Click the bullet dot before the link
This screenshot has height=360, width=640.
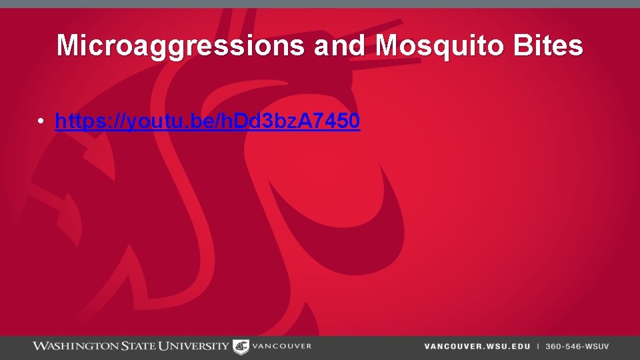coord(41,121)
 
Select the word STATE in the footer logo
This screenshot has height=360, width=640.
coord(138,346)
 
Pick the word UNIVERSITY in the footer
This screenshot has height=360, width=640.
coord(195,346)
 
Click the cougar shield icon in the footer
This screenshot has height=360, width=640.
coord(240,347)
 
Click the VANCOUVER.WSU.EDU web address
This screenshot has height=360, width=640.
coord(477,347)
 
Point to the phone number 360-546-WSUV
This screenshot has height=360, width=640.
coord(577,347)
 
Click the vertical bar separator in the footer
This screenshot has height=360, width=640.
coord(538,347)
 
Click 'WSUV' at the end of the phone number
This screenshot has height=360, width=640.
coord(597,347)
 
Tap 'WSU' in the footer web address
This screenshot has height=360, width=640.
coord(497,347)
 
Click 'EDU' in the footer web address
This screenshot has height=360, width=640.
coord(521,347)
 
